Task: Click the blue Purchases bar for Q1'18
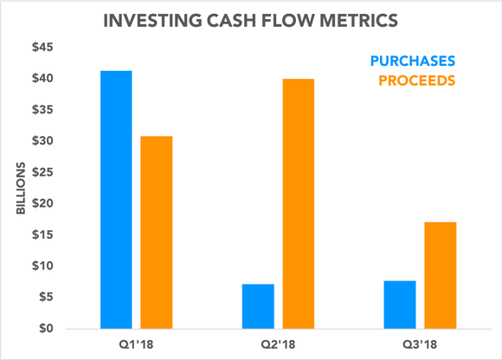(115, 200)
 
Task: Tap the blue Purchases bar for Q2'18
(258, 306)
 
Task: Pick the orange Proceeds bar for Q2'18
(299, 203)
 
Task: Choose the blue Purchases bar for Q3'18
(400, 305)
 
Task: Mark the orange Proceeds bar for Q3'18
(441, 275)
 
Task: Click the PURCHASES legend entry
(412, 61)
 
